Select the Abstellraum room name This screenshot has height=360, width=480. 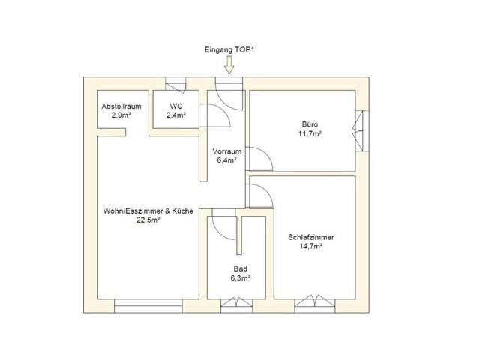coord(121,106)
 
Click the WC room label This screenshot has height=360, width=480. coord(176,106)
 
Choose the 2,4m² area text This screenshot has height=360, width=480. coord(176,115)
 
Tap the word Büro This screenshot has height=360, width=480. coord(307,124)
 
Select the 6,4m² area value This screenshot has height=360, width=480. coord(226,160)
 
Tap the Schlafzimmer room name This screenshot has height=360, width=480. coord(310,237)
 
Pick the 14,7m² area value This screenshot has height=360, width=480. coord(310,246)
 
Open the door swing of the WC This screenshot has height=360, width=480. coord(217,115)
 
